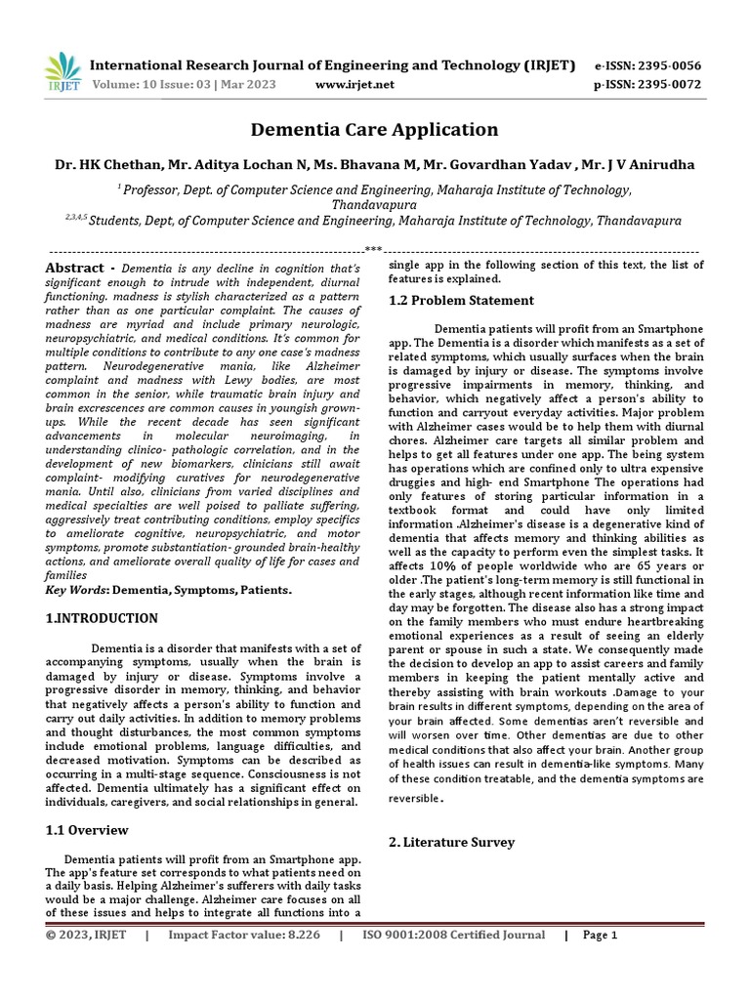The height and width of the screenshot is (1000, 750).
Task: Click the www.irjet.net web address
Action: [x=355, y=85]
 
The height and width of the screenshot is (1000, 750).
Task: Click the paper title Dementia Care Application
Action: [x=375, y=129]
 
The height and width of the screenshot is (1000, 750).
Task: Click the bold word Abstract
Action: [x=74, y=269]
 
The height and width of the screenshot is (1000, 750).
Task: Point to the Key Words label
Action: [x=78, y=591]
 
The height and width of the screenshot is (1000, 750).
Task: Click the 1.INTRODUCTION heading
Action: [x=103, y=619]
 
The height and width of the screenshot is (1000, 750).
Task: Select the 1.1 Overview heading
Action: [x=88, y=830]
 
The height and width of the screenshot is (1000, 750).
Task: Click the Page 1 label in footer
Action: [x=601, y=935]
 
